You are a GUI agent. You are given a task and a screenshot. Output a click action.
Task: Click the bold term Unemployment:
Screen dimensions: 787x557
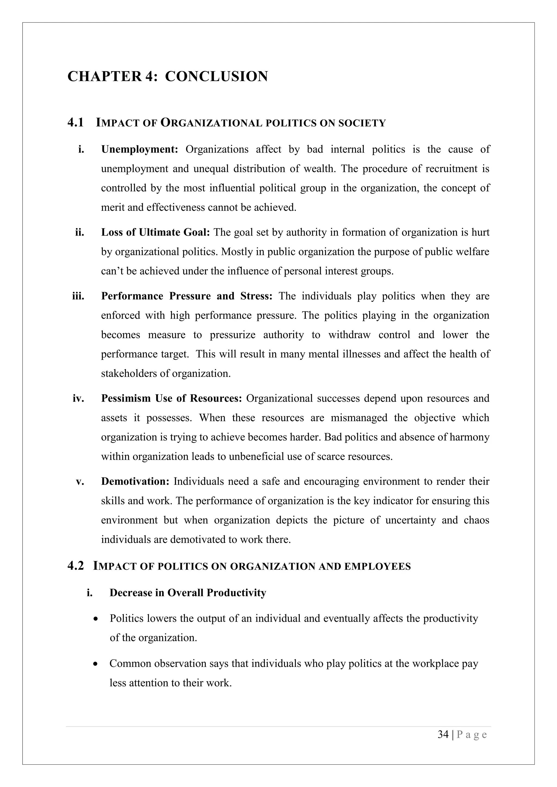pyautogui.click(x=140, y=149)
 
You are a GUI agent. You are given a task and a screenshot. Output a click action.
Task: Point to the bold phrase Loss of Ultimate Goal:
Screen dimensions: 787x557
pyautogui.click(x=155, y=232)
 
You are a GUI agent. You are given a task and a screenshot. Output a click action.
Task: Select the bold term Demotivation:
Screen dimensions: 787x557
pyautogui.click(x=135, y=481)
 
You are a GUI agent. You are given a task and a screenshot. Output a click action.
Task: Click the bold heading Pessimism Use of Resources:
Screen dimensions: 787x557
pyautogui.click(x=172, y=398)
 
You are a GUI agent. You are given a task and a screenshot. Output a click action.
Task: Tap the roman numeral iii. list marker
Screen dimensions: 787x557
pyautogui.click(x=78, y=296)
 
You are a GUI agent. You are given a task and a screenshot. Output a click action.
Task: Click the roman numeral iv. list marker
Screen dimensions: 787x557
pyautogui.click(x=78, y=398)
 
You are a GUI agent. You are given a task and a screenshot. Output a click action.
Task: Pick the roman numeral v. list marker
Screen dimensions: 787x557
pyautogui.click(x=80, y=481)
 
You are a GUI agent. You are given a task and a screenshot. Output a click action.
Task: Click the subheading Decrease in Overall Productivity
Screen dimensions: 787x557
pyautogui.click(x=188, y=593)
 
